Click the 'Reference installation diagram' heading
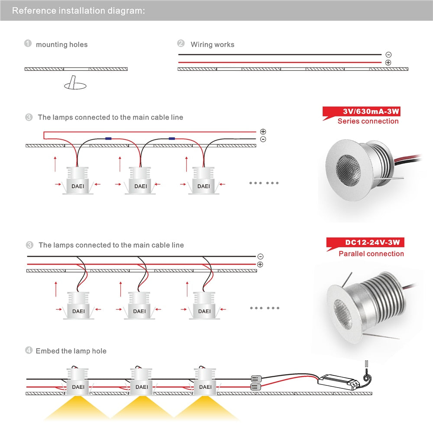[x=78, y=10]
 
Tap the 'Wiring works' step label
[x=212, y=44]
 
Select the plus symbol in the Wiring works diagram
[x=388, y=62]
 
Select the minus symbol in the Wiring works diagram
[x=388, y=55]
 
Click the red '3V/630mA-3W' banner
[x=364, y=112]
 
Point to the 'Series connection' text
[x=368, y=121]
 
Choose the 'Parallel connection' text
[x=371, y=254]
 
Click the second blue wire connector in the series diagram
[x=172, y=139]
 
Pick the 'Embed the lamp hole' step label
[x=71, y=351]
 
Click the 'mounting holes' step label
[x=61, y=45]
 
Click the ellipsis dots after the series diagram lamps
[x=264, y=183]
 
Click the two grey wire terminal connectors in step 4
[x=255, y=381]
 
